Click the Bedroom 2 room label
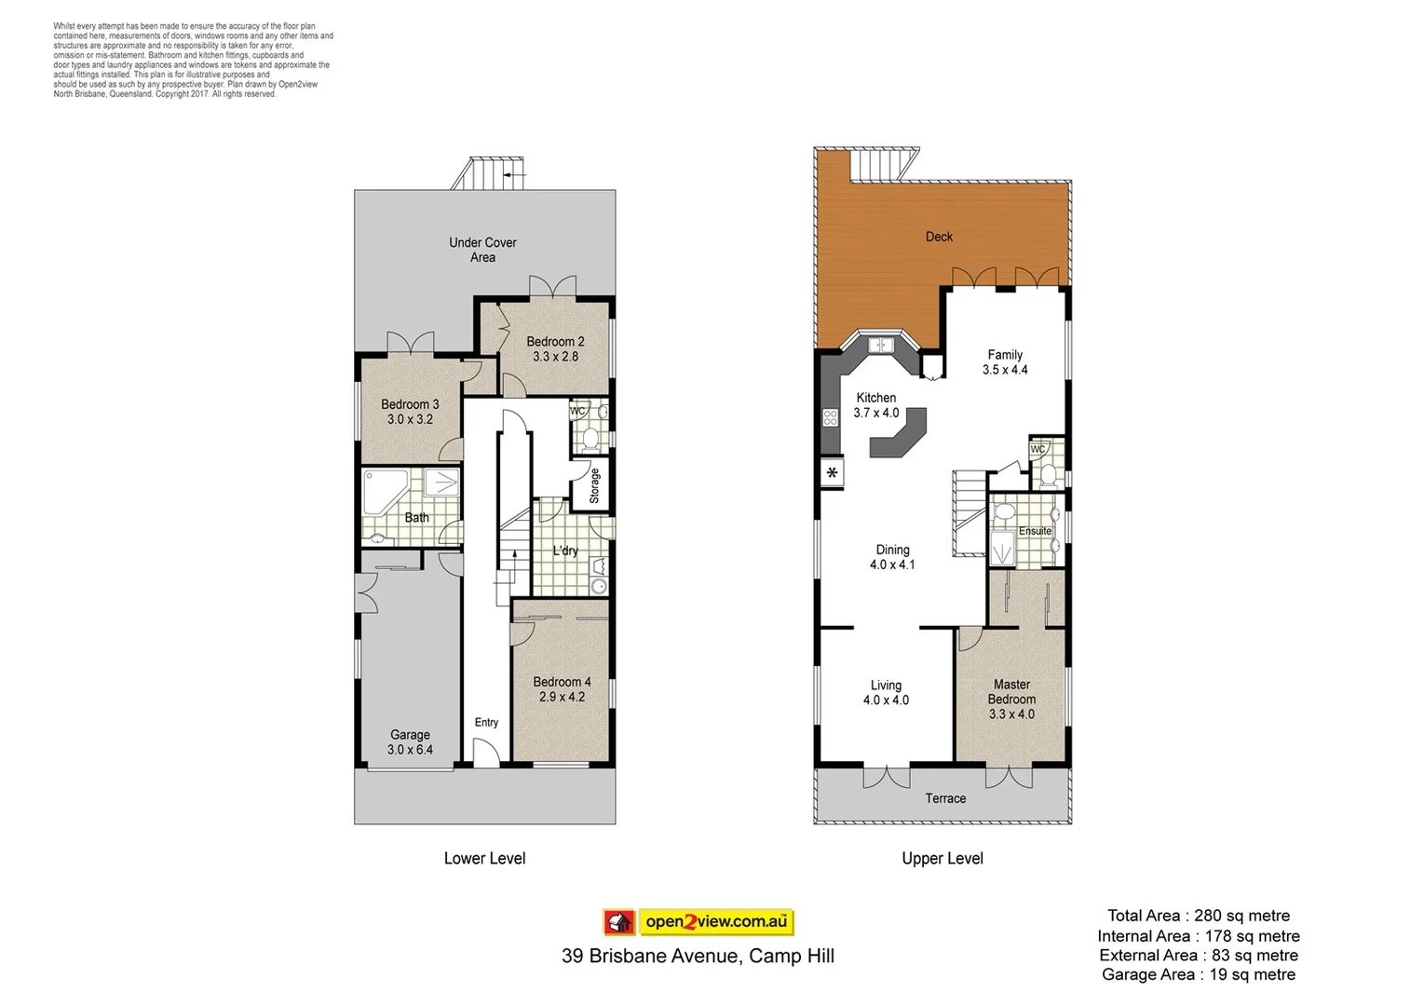click(x=555, y=342)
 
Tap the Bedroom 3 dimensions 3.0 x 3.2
click(x=410, y=419)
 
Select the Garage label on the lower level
click(x=410, y=735)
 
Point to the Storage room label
click(x=595, y=485)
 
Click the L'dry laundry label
click(x=564, y=551)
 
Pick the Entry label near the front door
click(x=486, y=722)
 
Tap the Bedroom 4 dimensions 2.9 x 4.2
click(x=562, y=697)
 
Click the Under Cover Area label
click(x=482, y=250)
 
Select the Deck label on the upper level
click(x=939, y=237)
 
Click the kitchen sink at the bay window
click(x=880, y=346)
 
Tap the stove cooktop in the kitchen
click(x=830, y=417)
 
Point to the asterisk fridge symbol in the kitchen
click(x=832, y=473)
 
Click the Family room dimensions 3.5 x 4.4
click(x=1005, y=370)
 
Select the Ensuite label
click(x=1035, y=531)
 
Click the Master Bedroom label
click(x=1011, y=691)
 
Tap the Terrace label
click(x=945, y=798)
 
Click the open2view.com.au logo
click(x=698, y=922)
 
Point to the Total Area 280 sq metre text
click(x=1198, y=916)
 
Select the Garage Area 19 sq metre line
click(x=1198, y=974)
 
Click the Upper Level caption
click(x=942, y=858)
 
